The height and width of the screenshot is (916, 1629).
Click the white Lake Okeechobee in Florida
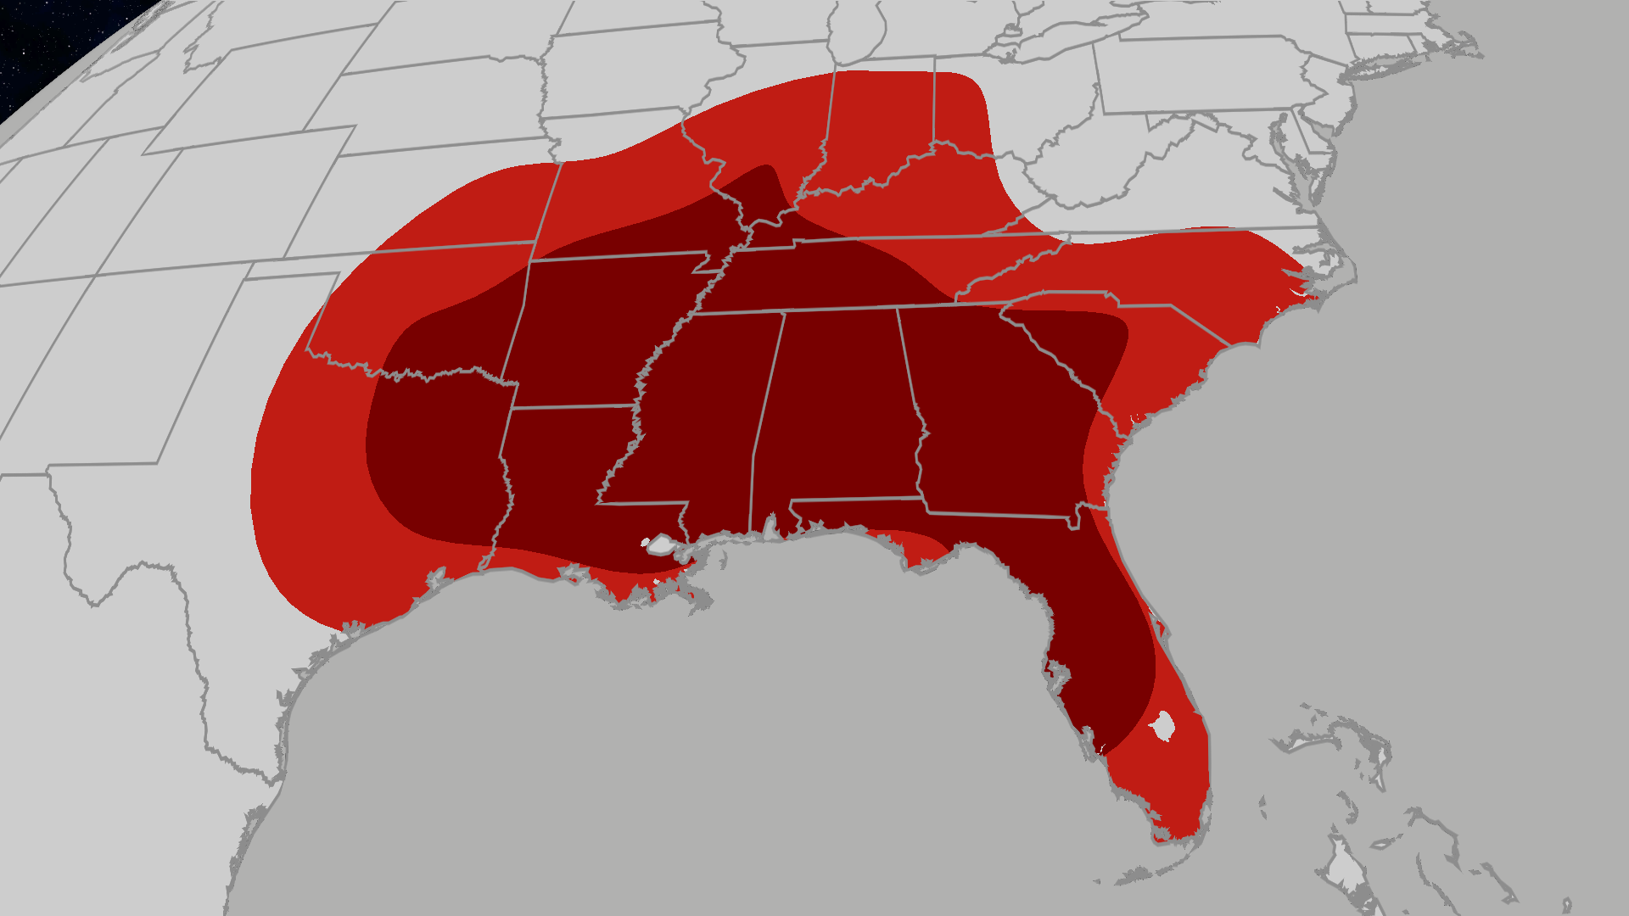click(1162, 725)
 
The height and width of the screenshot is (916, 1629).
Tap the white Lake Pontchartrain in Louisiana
click(659, 545)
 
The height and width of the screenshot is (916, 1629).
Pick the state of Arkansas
click(594, 331)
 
